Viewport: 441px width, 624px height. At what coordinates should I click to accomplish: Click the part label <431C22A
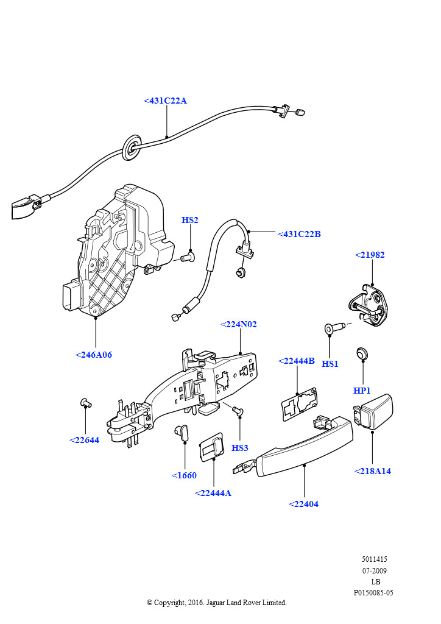point(166,101)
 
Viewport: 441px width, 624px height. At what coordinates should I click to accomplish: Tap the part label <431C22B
point(299,234)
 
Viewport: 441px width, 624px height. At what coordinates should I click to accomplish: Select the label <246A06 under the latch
point(94,355)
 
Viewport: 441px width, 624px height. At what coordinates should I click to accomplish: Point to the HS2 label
point(190,220)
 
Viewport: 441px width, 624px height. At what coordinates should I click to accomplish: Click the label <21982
point(370,255)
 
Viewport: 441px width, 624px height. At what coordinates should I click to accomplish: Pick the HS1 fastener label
point(330,364)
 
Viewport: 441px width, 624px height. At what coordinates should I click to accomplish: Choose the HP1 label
point(362,391)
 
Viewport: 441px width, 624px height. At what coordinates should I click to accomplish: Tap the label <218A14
point(372,471)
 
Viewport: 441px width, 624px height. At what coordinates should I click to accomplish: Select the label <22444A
point(213,493)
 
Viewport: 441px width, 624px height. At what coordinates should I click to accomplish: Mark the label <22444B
point(297,361)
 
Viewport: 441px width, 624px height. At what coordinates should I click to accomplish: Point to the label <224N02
point(238,324)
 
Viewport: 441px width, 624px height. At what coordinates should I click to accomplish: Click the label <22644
point(84,440)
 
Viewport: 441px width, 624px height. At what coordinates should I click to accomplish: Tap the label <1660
point(184,475)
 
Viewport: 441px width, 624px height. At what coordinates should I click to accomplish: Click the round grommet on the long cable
point(130,147)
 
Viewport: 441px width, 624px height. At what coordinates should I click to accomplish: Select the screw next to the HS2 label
point(187,258)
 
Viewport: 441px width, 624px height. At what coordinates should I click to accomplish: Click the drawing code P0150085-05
point(373,592)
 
